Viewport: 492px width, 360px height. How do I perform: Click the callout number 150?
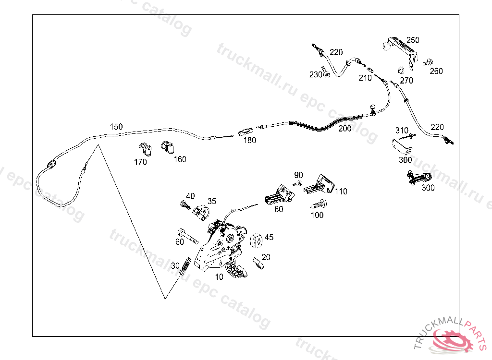click(x=116, y=127)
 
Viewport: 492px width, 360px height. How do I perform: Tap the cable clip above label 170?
click(x=145, y=149)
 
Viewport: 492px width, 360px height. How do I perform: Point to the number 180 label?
click(x=249, y=141)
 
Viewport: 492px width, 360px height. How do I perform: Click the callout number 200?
click(x=344, y=129)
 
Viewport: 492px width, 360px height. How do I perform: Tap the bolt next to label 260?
click(x=427, y=62)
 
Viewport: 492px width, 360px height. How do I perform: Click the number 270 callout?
click(x=406, y=81)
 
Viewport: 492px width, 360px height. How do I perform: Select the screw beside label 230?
click(x=325, y=71)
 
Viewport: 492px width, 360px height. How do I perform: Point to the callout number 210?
click(x=365, y=78)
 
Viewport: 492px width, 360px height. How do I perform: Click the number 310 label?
click(x=402, y=130)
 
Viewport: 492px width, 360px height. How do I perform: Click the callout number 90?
click(x=299, y=175)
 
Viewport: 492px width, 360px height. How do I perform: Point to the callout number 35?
click(x=212, y=201)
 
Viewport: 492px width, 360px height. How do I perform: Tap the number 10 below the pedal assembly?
click(x=219, y=277)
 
